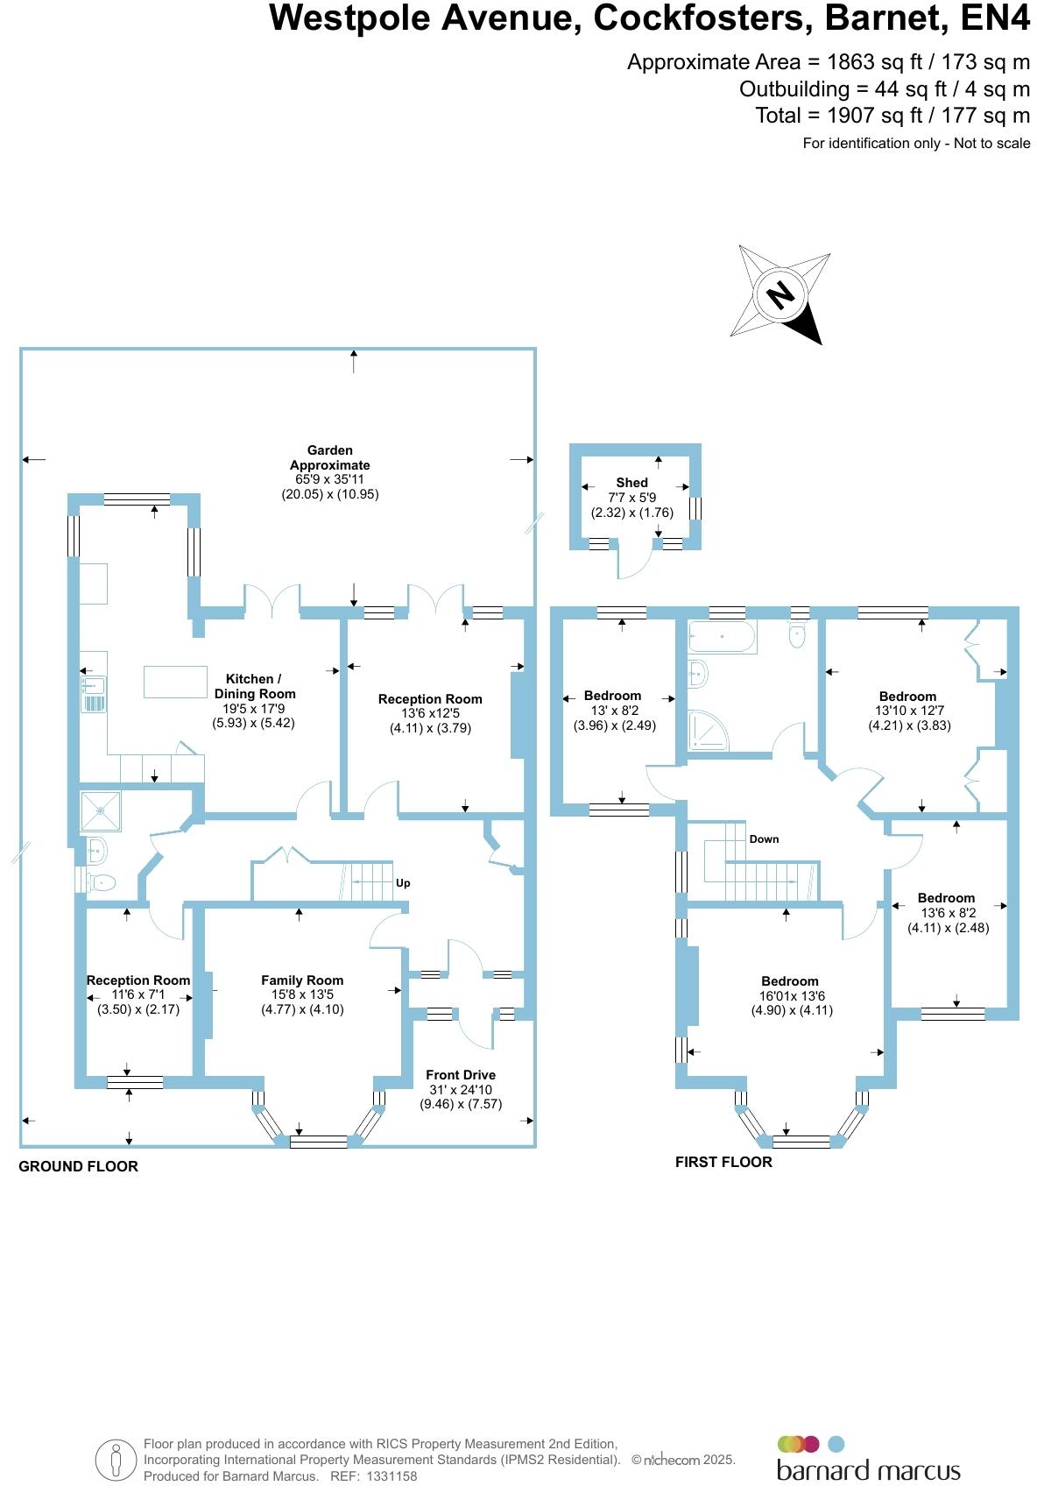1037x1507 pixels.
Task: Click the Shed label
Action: click(x=631, y=483)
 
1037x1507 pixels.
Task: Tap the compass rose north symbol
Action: click(x=780, y=294)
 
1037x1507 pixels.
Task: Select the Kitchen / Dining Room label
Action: click(x=254, y=686)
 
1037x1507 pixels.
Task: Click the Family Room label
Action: click(x=302, y=980)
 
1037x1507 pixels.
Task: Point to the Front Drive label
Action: click(x=461, y=1075)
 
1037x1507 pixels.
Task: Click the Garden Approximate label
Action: click(x=330, y=457)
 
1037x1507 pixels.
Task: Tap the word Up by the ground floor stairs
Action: click(x=403, y=883)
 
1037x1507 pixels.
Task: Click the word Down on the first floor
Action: click(x=764, y=839)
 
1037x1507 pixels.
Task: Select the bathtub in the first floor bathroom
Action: click(x=722, y=637)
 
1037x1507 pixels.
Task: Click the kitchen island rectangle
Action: click(x=175, y=682)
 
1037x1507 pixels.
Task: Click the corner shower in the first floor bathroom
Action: click(x=707, y=731)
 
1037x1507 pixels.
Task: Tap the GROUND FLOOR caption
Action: click(x=79, y=1166)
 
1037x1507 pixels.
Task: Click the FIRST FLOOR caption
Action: click(x=723, y=1162)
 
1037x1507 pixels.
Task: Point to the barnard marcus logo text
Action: click(x=868, y=1470)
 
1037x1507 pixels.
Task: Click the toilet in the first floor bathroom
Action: click(x=797, y=636)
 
